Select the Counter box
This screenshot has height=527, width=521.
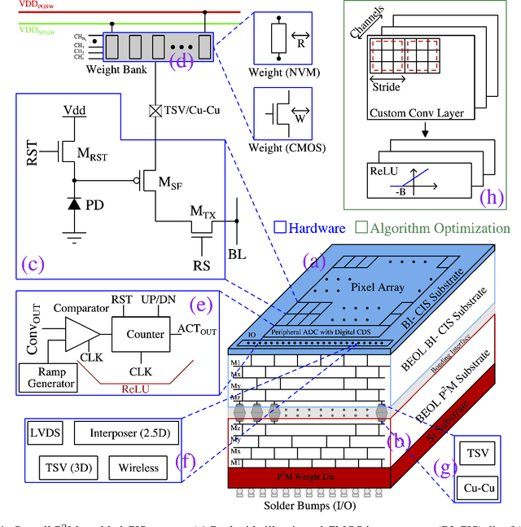click(x=144, y=334)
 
